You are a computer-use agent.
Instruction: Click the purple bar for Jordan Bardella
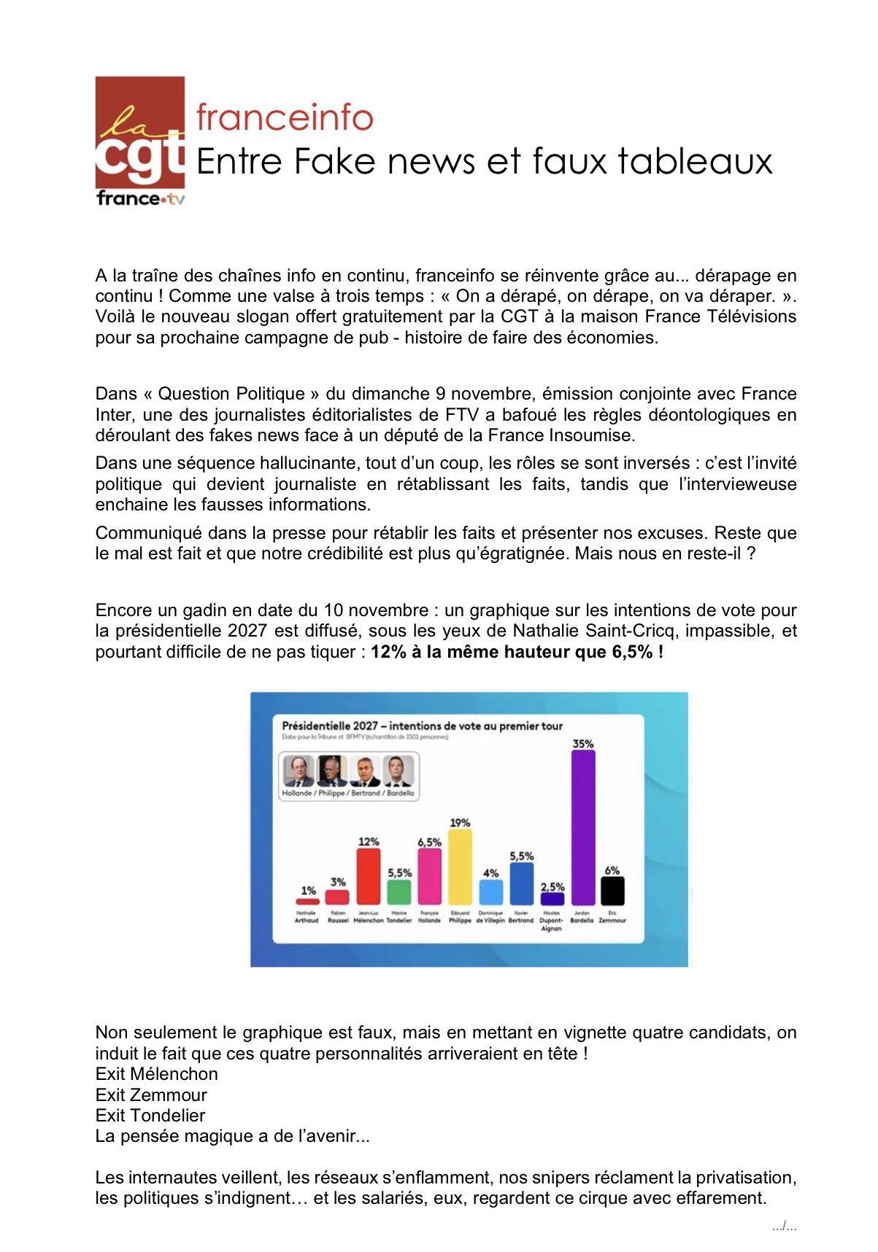pos(582,828)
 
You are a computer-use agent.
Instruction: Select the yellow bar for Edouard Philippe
pos(460,868)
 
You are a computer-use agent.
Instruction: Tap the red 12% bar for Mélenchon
pos(369,876)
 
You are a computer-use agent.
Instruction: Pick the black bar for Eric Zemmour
pos(612,891)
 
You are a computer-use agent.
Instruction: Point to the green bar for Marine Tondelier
pos(399,893)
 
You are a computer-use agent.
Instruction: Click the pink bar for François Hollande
pos(429,876)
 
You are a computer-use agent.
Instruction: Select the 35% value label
pos(582,744)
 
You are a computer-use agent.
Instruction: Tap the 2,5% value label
pos(552,887)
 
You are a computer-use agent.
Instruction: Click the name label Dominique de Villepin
pos(490,917)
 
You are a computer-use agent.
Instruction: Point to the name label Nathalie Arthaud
pos(307,917)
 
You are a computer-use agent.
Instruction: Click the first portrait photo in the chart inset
pos(299,771)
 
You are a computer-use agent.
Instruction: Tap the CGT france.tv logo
pos(139,143)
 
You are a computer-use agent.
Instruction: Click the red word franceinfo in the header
pos(285,117)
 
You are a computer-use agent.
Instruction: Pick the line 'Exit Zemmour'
pos(151,1094)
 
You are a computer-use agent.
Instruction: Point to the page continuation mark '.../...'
pos(784,1227)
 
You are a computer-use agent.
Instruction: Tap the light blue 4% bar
pos(490,892)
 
